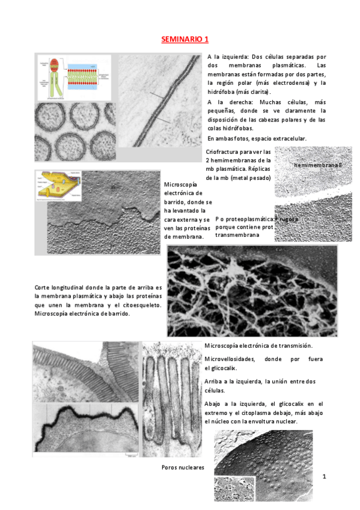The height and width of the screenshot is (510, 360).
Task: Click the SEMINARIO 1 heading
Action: (185, 40)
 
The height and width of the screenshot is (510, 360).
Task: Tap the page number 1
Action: (324, 477)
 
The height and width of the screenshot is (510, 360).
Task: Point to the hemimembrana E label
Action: (318, 164)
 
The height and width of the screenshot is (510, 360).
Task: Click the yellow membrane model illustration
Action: (57, 186)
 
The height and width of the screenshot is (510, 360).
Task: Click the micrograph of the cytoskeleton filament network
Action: (252, 290)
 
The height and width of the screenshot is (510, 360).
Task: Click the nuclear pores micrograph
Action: (270, 469)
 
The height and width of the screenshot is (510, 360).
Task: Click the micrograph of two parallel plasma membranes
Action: (159, 99)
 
